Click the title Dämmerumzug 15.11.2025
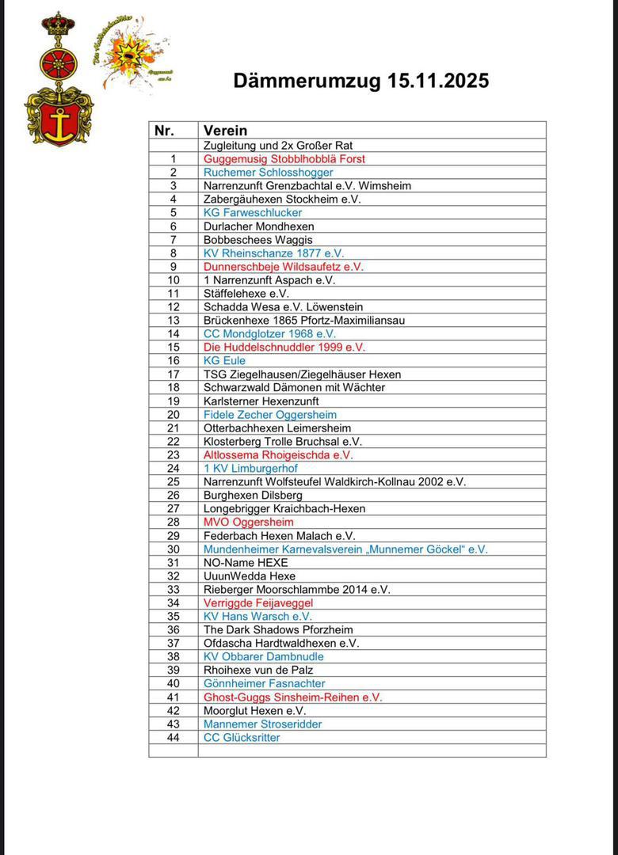360,81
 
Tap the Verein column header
225,131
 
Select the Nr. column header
164,131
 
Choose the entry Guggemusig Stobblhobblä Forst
284,159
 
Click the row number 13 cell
174,321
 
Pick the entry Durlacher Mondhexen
258,226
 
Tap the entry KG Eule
224,361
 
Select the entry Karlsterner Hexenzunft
261,401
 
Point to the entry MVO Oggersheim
248,522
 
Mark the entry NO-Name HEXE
246,563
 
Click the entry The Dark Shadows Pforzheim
278,630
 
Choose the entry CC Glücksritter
242,738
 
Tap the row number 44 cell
174,738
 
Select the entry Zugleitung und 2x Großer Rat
278,146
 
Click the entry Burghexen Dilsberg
253,496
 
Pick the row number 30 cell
174,549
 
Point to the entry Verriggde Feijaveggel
258,603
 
